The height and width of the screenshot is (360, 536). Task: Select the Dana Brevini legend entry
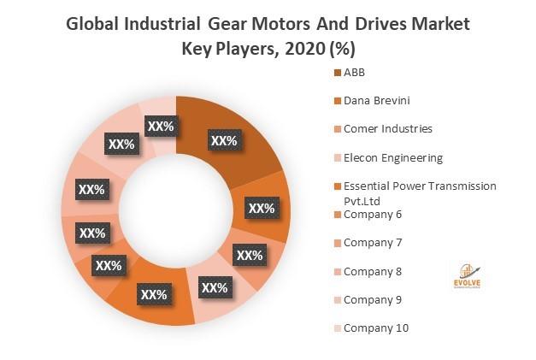point(375,100)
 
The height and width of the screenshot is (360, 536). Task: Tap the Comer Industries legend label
point(387,128)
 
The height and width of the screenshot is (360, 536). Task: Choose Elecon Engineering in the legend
point(392,157)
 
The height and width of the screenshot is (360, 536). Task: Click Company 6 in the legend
point(372,214)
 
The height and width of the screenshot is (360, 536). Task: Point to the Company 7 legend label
point(372,242)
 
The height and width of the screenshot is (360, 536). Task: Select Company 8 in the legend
point(372,271)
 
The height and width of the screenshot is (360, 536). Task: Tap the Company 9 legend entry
point(372,299)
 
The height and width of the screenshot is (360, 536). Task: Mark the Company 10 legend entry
point(375,328)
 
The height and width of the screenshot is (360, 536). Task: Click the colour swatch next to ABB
point(337,72)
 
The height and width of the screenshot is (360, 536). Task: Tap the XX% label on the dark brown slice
point(223,139)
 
